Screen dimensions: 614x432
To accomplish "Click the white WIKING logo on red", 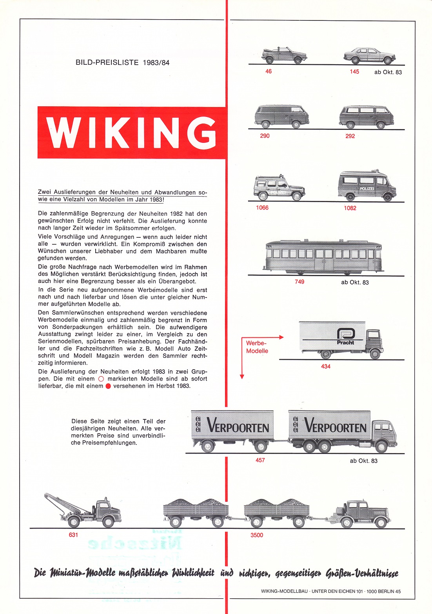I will [132, 133].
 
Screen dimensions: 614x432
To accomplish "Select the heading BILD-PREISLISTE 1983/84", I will [122, 62].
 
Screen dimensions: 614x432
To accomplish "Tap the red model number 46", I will [269, 71].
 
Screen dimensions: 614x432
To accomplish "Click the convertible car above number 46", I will [284, 55].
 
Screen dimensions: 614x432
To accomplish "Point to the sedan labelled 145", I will [369, 56].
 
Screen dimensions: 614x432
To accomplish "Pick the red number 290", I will [265, 136].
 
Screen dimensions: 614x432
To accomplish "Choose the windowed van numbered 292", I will [367, 117].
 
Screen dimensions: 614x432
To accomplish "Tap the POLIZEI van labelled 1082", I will [367, 186].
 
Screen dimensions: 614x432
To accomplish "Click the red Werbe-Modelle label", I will [257, 347].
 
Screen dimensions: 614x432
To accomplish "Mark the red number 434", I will [326, 366].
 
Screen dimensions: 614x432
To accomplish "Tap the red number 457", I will [260, 460].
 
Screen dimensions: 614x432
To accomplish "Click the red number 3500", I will [257, 535].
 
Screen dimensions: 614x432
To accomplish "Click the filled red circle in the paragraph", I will [108, 386].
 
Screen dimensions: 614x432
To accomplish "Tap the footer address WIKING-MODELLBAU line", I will [331, 591].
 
